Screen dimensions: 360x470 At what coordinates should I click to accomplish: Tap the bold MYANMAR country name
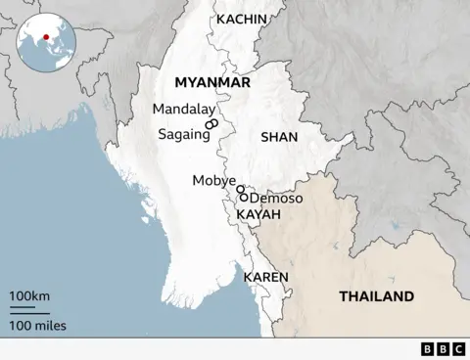tap(211, 83)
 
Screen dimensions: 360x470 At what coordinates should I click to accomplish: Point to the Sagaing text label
tap(184, 134)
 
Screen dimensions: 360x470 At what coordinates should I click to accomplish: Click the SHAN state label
tap(278, 138)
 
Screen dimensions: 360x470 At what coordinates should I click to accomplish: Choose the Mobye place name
tap(214, 181)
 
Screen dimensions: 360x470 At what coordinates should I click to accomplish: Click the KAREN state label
tap(265, 277)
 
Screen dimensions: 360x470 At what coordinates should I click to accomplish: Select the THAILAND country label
tap(376, 296)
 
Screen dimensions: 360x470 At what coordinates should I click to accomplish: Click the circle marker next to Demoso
tap(244, 198)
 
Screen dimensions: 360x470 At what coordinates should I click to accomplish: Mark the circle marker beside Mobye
tap(240, 190)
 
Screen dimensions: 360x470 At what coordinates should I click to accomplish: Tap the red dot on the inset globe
tap(45, 39)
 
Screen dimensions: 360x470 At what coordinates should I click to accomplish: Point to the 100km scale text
tap(30, 295)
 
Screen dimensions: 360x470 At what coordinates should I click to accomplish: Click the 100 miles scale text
tap(37, 325)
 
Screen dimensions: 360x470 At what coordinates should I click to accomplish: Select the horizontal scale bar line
tap(24, 310)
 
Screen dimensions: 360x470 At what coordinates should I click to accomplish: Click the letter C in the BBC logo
tap(456, 348)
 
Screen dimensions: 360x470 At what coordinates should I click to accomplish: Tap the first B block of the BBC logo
tap(428, 348)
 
